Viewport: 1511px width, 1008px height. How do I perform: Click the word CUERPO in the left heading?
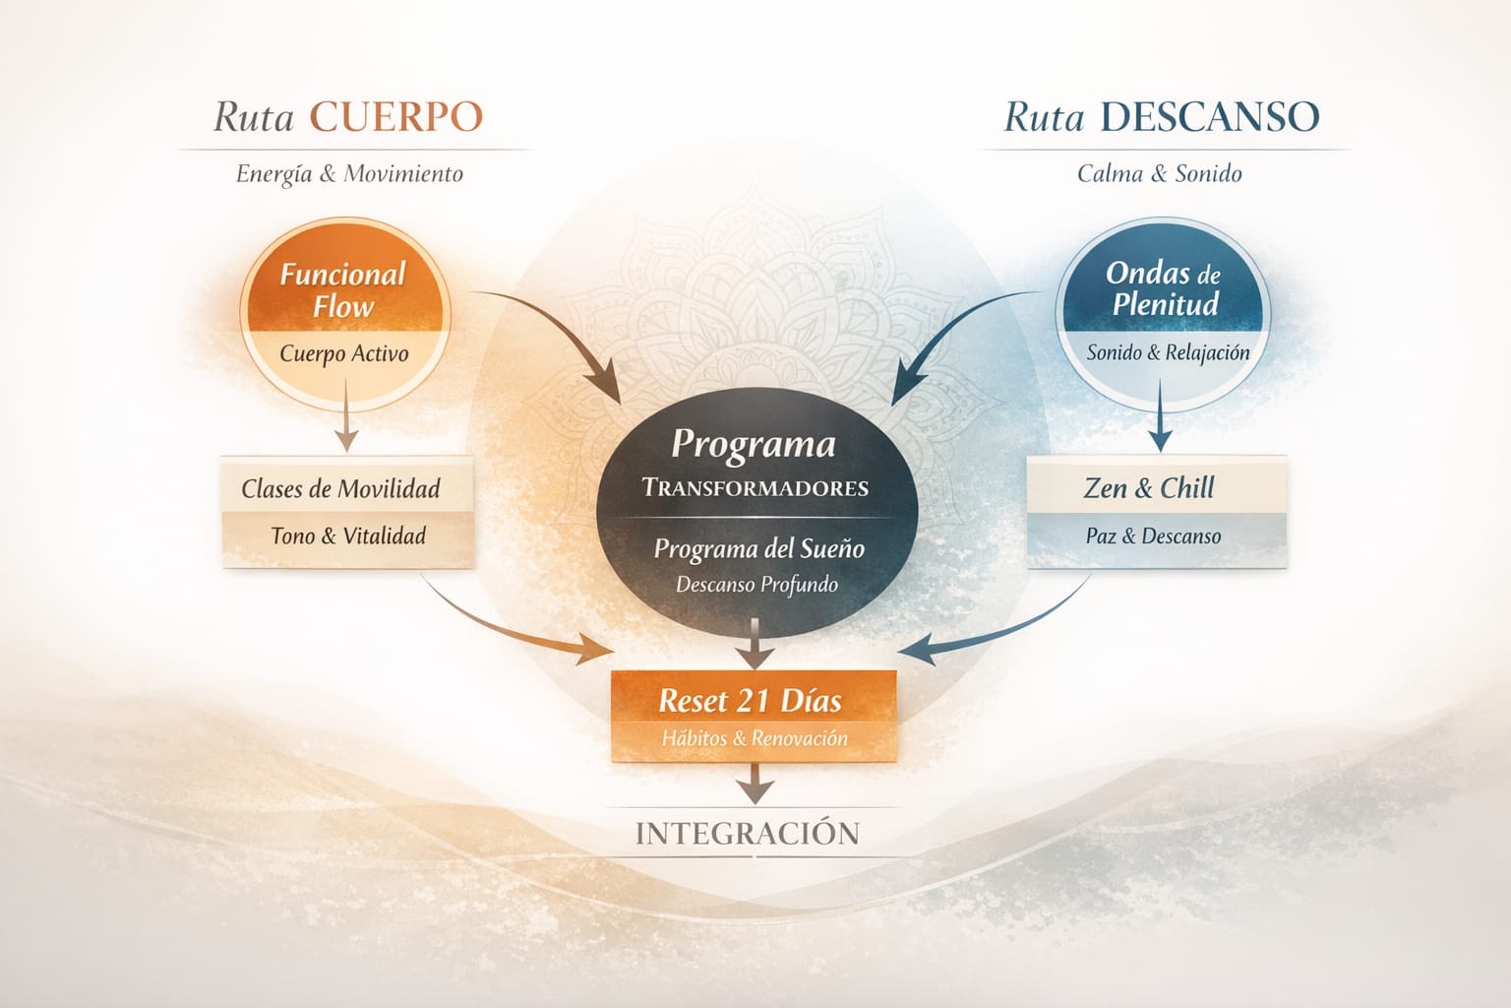coord(396,117)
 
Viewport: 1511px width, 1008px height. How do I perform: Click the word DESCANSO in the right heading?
coord(1209,117)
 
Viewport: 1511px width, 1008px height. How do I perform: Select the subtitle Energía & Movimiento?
coord(349,174)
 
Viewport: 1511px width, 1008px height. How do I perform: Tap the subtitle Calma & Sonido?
coord(1159,174)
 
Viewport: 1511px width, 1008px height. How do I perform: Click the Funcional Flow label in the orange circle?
coord(342,289)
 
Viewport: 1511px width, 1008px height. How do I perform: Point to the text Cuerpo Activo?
coord(343,353)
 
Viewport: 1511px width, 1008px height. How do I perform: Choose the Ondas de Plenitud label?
coord(1164,287)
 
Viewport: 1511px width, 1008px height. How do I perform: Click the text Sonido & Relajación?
coord(1168,352)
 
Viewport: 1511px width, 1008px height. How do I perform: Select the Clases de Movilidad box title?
coord(340,488)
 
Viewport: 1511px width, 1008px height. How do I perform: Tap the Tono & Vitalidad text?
coord(348,536)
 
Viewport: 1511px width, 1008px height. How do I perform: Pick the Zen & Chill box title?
coord(1149,488)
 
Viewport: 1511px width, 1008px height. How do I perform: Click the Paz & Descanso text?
coord(1153,536)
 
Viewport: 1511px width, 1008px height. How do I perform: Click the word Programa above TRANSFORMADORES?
coord(754,445)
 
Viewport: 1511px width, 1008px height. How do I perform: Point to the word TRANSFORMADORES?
coord(755,487)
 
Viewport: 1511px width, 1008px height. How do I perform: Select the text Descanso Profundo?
coord(756,585)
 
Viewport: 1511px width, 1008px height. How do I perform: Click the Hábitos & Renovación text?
coord(754,738)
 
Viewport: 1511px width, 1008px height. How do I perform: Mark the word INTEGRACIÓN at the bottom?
coord(748,834)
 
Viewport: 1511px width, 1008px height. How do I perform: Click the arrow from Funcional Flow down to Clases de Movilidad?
coord(345,417)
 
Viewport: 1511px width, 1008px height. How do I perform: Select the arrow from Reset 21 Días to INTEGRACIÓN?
coord(755,784)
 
